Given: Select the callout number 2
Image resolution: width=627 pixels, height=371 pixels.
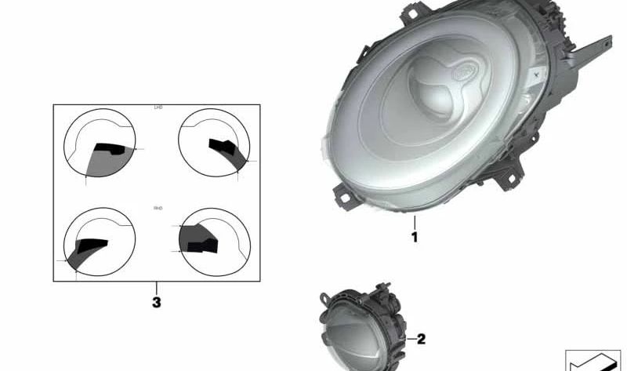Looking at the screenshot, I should [421, 340].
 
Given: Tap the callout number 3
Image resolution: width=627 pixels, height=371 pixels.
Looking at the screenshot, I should [157, 301].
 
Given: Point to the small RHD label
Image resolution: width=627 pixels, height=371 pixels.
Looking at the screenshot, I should [158, 208].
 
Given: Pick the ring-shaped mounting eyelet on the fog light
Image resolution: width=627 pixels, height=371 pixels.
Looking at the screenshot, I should [323, 298].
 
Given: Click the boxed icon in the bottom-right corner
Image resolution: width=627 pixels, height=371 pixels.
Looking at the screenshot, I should [593, 360].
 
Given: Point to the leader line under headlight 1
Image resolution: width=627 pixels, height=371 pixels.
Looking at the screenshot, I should [415, 222].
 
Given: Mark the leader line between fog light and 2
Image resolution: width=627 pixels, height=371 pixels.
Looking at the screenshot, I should [408, 340].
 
